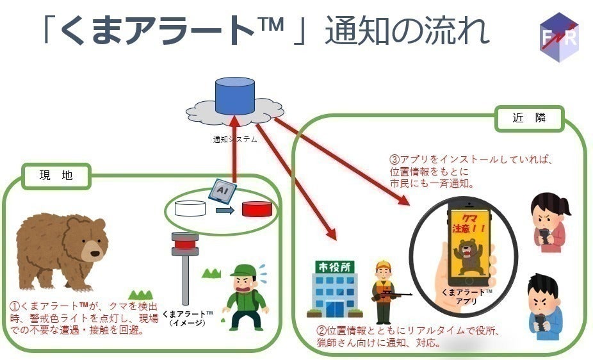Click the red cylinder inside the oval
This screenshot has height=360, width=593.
pyautogui.click(x=257, y=209)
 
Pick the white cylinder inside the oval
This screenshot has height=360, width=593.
pyautogui.click(x=190, y=209)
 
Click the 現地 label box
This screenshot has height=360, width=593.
pyautogui.click(x=56, y=176)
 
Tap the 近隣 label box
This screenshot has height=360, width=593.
pyautogui.click(x=529, y=119)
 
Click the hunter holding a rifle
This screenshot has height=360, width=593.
pyautogui.click(x=384, y=291)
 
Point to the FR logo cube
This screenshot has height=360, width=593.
pyautogui.click(x=558, y=37)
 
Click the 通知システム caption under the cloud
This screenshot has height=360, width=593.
pyautogui.click(x=235, y=138)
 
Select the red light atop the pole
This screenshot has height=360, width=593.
pyautogui.click(x=185, y=242)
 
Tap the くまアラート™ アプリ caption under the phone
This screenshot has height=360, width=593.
pyautogui.click(x=466, y=296)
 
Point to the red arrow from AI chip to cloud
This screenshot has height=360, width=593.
pyautogui.click(x=234, y=147)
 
